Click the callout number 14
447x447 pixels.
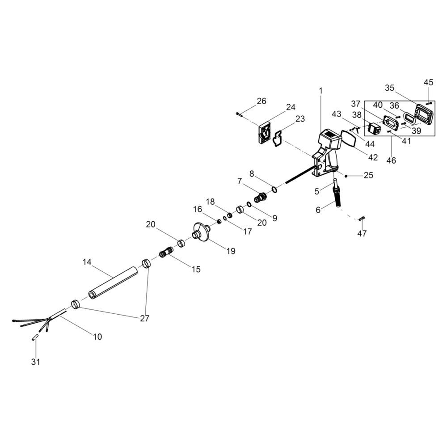tap(87, 262)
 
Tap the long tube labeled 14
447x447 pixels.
tap(113, 282)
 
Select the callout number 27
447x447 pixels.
tap(144, 318)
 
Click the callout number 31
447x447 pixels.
tap(35, 362)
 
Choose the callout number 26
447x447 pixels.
tap(261, 101)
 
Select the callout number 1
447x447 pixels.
tap(320, 91)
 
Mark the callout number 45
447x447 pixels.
tap(429, 82)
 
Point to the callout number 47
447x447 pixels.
tap(362, 233)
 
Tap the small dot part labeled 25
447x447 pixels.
tap(346, 176)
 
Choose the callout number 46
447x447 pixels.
tap(391, 160)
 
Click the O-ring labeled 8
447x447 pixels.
tap(274, 190)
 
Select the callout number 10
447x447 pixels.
tap(97, 337)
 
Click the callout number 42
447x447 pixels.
tap(373, 157)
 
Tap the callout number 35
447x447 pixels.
tap(389, 88)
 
